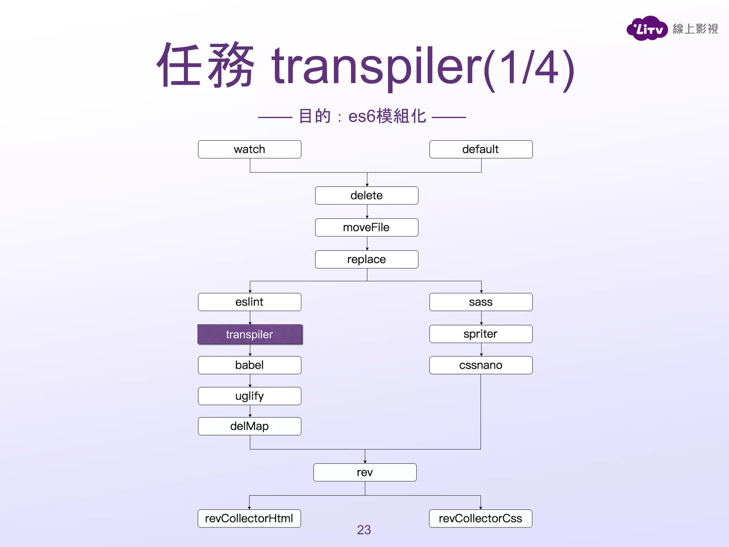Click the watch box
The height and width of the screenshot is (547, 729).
[x=250, y=149]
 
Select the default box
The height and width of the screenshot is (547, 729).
[x=481, y=149]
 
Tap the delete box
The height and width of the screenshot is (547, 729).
[x=367, y=196]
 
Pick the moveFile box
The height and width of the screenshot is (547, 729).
[x=367, y=227]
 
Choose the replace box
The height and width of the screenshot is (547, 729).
[x=367, y=259]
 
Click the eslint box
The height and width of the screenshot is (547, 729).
[x=250, y=302]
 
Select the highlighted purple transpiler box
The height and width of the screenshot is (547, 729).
[x=250, y=334]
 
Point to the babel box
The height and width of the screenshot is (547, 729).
[x=250, y=365]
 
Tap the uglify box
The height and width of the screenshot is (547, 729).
[x=250, y=396]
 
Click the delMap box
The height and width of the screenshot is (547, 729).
[x=250, y=426]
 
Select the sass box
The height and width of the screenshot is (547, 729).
[x=481, y=302]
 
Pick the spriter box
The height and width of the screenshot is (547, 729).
[x=481, y=334]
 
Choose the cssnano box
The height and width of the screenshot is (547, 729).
[x=481, y=365]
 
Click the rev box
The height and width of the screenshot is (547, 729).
[x=365, y=472]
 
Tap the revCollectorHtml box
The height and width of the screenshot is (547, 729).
[x=249, y=518]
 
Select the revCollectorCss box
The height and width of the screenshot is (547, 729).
[x=481, y=518]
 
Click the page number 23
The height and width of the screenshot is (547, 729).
[x=364, y=530]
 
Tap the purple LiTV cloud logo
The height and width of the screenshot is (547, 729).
[x=647, y=28]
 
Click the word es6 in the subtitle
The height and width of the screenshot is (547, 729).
[x=362, y=116]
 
